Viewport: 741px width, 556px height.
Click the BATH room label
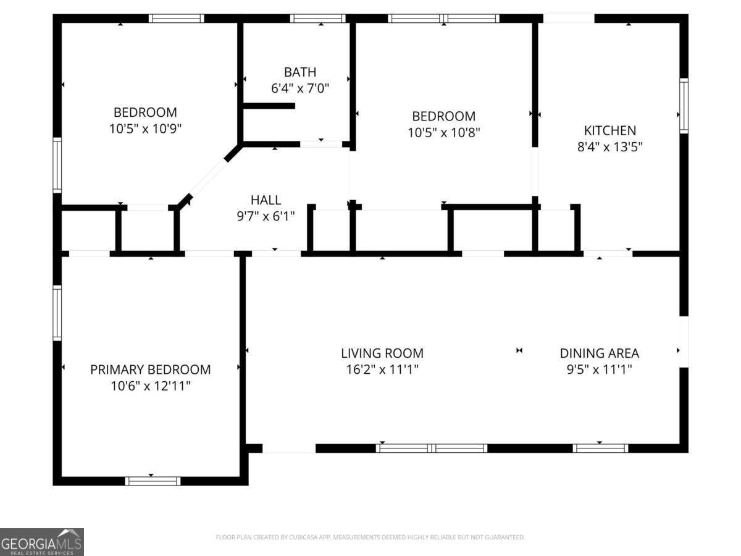(x=299, y=72)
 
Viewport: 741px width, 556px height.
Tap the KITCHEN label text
(x=609, y=130)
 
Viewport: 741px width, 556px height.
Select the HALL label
(x=266, y=200)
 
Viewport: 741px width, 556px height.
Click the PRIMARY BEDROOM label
(x=150, y=369)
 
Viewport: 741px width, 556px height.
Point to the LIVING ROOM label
(x=382, y=353)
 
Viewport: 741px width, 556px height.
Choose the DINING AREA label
(x=599, y=353)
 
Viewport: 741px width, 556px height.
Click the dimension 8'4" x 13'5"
(x=609, y=147)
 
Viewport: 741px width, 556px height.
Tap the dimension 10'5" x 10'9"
(x=145, y=128)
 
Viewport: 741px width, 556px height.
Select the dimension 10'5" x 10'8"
(x=443, y=133)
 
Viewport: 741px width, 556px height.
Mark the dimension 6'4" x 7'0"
(x=299, y=88)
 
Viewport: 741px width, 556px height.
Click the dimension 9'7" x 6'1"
(x=266, y=216)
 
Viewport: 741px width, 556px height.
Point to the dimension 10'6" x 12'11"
(x=151, y=386)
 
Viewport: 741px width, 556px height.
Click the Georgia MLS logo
(x=42, y=542)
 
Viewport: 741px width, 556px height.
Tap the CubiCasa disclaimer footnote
(x=370, y=537)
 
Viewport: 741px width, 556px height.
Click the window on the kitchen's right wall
(x=684, y=106)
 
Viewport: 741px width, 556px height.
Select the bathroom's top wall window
(x=317, y=19)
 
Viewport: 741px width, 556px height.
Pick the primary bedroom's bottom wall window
(x=153, y=481)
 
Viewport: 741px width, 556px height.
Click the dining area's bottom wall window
(x=600, y=449)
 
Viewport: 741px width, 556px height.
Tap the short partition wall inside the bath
(x=269, y=106)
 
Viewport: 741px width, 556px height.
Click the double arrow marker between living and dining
(x=519, y=350)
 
